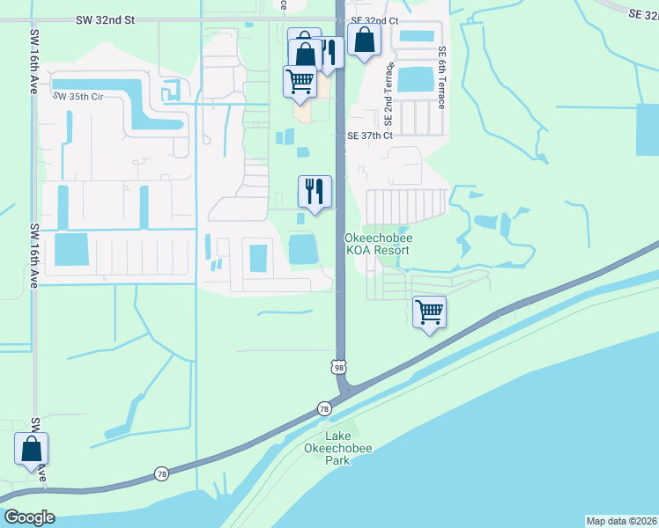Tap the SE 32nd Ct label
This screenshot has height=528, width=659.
coord(374,19)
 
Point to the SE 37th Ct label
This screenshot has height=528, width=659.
coord(369,136)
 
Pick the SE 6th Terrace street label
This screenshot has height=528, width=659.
coord(441,78)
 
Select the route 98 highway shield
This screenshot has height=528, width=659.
coord(339,366)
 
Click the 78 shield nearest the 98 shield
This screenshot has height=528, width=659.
coord(324,408)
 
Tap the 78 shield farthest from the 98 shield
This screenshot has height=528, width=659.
coord(161,473)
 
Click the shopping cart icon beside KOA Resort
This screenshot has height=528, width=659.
coord(429,312)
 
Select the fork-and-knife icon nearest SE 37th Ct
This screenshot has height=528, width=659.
coord(315,190)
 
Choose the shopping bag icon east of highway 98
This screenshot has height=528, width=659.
coord(363,40)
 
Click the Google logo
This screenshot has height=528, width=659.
coord(29,517)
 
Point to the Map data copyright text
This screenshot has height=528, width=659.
coord(622,520)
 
